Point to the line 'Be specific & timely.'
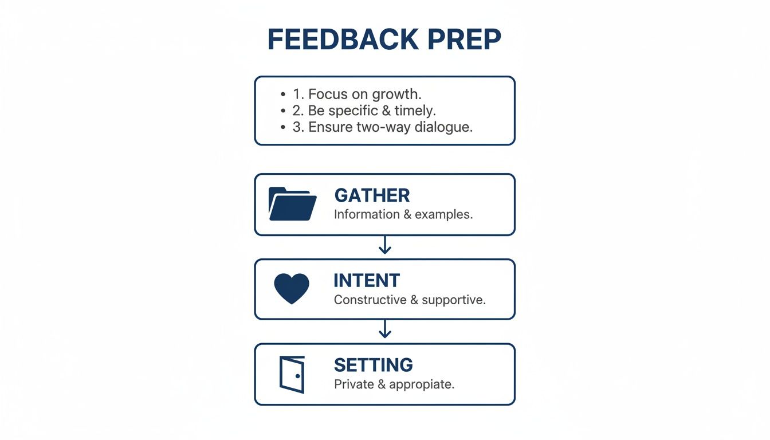click(x=372, y=111)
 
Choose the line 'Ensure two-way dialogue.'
click(x=382, y=127)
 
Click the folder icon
click(x=292, y=204)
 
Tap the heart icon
click(x=292, y=288)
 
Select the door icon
click(x=292, y=374)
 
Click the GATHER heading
click(x=372, y=195)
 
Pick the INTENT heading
click(x=367, y=281)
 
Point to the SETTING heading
click(x=373, y=365)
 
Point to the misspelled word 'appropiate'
click(x=421, y=384)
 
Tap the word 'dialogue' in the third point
click(x=445, y=127)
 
